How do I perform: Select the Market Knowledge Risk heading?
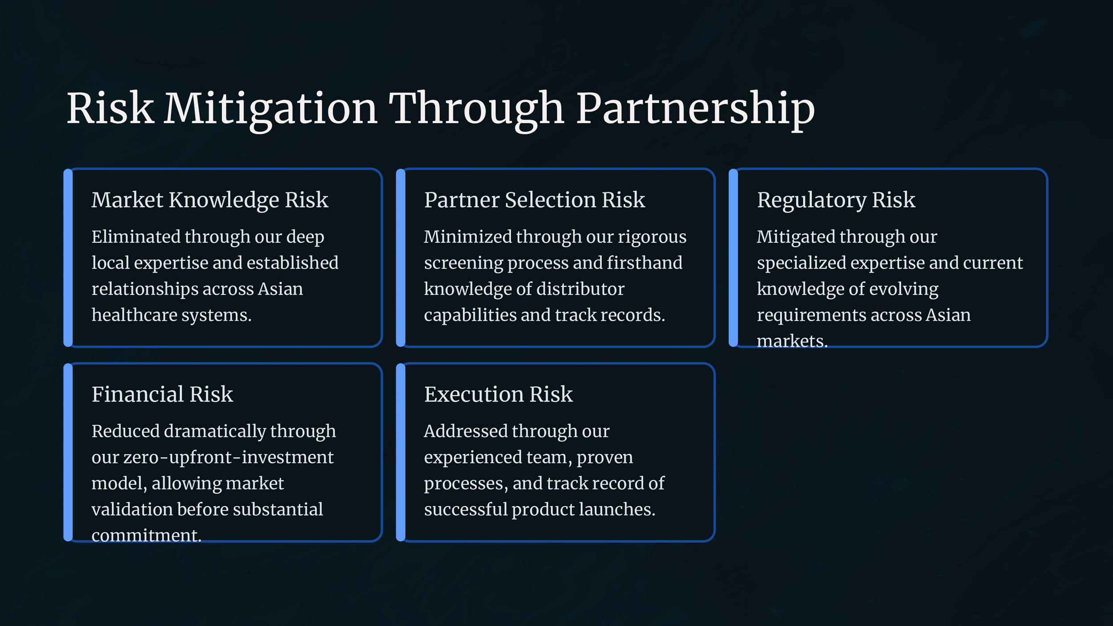pos(210,200)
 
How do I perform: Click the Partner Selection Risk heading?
pos(534,200)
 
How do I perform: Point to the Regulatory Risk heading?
pos(836,200)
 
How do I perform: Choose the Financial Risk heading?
pos(162,394)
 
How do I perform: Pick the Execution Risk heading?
pos(498,394)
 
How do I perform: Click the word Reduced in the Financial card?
pos(125,431)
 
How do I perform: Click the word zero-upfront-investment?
pos(228,458)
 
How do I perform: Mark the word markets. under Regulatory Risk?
pos(792,341)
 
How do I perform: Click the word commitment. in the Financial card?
pos(146,535)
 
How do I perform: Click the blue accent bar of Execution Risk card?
pos(401,452)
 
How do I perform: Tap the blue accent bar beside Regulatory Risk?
pos(733,258)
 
